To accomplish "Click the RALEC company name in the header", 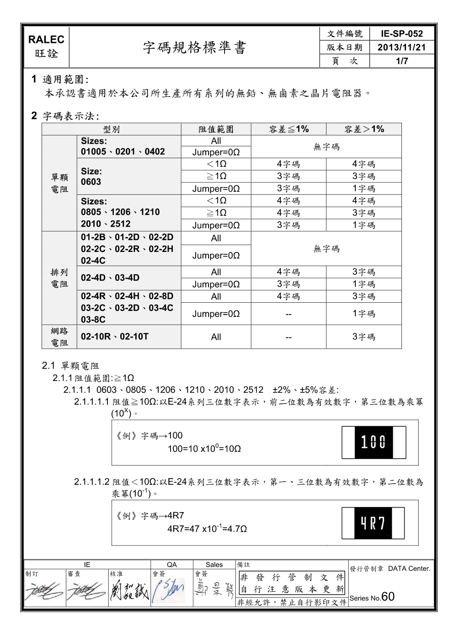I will pyautogui.click(x=46, y=40).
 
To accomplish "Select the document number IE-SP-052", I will pyautogui.click(x=401, y=34).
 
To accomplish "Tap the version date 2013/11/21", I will pyautogui.click(x=401, y=48).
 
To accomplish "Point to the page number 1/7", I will pyautogui.click(x=401, y=61).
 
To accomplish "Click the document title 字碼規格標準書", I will pyautogui.click(x=194, y=48).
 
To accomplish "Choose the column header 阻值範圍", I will pyautogui.click(x=216, y=129).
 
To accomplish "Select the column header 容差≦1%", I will pyautogui.click(x=288, y=129).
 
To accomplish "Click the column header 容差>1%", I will pyautogui.click(x=364, y=129).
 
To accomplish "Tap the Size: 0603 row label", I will pyautogui.click(x=91, y=177).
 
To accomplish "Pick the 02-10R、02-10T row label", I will pyautogui.click(x=115, y=337).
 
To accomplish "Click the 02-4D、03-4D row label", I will pyautogui.click(x=110, y=278).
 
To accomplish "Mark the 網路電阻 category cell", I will pyautogui.click(x=59, y=337).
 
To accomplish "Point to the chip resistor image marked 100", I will pyautogui.click(x=374, y=442).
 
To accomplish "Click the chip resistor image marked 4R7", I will pyautogui.click(x=373, y=523).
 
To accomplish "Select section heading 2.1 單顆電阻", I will pyautogui.click(x=70, y=366).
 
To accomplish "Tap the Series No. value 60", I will pyautogui.click(x=388, y=597).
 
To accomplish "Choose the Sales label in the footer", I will pyautogui.click(x=214, y=565).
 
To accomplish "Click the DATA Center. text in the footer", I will pyautogui.click(x=409, y=569).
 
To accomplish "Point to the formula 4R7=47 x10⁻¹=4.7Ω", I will pyautogui.click(x=207, y=529).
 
